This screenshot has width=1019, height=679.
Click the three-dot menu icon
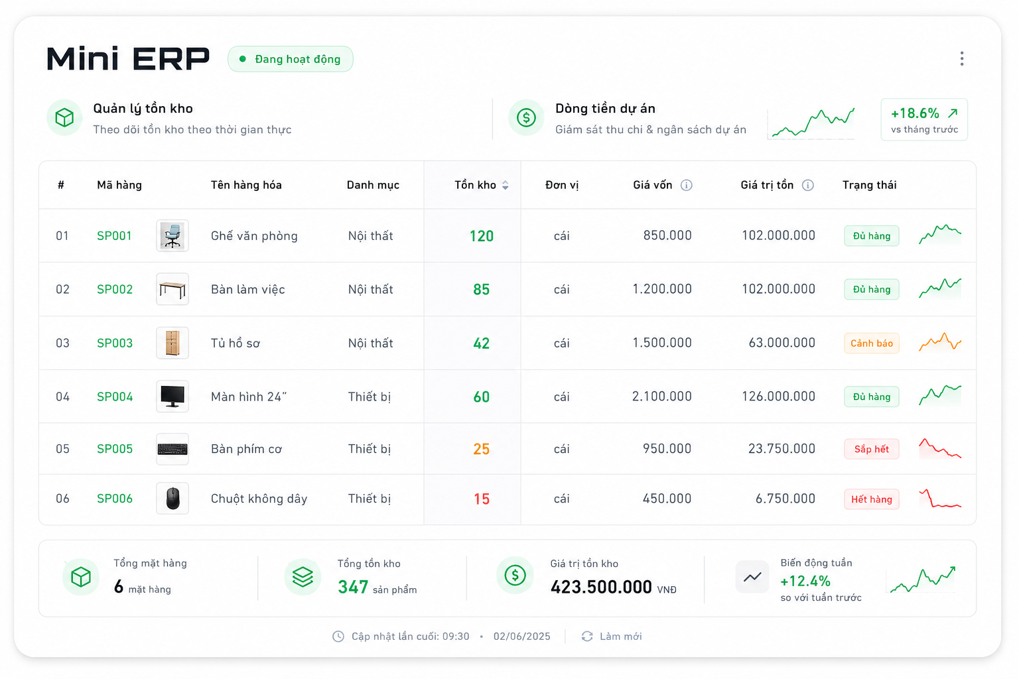pyautogui.click(x=962, y=58)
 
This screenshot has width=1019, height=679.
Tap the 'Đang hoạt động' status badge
pyautogui.click(x=290, y=59)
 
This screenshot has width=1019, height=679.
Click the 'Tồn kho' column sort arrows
pyautogui.click(x=506, y=185)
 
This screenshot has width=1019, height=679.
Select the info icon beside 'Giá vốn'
pyautogui.click(x=687, y=185)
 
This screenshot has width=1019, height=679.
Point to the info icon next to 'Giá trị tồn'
pyautogui.click(x=808, y=185)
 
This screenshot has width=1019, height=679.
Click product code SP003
pyautogui.click(x=115, y=343)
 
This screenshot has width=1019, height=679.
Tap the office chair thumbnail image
pyautogui.click(x=172, y=235)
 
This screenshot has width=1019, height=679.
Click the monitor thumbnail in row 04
pyautogui.click(x=172, y=397)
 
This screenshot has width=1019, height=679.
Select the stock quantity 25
pyautogui.click(x=481, y=450)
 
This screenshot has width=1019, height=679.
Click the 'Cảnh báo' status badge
pyautogui.click(x=872, y=343)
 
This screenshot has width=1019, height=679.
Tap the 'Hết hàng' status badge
pyautogui.click(x=872, y=499)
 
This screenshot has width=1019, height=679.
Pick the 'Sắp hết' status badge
pyautogui.click(x=872, y=450)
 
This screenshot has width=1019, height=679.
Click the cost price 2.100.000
pyautogui.click(x=662, y=397)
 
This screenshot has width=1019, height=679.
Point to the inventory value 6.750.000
pyautogui.click(x=785, y=499)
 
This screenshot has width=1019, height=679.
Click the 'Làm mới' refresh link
pyautogui.click(x=612, y=637)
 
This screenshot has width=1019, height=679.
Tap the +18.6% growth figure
pyautogui.click(x=915, y=113)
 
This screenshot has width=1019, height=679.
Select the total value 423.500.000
pyautogui.click(x=601, y=587)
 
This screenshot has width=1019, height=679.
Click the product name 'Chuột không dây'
pyautogui.click(x=259, y=499)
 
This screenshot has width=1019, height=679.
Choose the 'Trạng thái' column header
pyautogui.click(x=869, y=185)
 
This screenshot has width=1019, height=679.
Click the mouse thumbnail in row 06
pyautogui.click(x=172, y=499)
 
